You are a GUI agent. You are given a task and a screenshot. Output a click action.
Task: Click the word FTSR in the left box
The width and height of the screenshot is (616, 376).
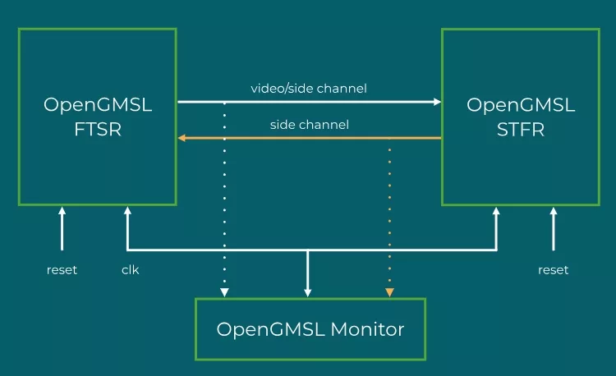tap(98, 129)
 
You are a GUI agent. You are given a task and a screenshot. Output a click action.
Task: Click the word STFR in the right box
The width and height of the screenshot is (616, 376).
tap(521, 129)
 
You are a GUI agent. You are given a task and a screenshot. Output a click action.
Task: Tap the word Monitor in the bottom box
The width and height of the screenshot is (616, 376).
tap(367, 329)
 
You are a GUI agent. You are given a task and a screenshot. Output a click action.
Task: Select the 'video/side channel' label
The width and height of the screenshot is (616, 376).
tap(309, 89)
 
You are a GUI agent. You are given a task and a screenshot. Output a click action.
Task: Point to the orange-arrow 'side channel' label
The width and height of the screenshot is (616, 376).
tap(310, 125)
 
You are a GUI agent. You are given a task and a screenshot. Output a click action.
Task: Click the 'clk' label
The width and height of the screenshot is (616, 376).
tap(130, 269)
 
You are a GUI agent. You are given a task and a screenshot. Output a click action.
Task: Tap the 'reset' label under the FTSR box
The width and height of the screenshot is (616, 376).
tap(62, 270)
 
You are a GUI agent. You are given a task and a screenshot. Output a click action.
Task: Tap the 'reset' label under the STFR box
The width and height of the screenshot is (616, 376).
tap(553, 270)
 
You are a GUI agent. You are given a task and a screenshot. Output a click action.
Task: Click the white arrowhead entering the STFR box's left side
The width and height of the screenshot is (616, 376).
tap(437, 102)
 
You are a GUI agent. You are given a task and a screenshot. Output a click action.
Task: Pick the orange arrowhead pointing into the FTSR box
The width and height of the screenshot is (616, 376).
tap(182, 138)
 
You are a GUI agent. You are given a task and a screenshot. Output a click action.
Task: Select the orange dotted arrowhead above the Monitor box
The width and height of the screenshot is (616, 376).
tap(389, 292)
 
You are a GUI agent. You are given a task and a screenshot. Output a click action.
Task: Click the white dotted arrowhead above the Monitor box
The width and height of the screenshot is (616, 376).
tap(224, 292)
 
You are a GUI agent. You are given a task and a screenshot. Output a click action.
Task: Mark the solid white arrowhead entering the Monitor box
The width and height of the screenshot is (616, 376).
tap(308, 293)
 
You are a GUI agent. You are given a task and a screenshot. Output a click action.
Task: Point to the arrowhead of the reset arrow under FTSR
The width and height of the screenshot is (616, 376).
tap(62, 211)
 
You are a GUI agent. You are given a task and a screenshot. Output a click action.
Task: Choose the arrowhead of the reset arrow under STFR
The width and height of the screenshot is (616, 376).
tap(554, 211)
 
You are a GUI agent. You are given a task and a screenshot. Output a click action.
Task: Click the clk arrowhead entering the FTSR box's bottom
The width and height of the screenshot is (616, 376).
tap(127, 211)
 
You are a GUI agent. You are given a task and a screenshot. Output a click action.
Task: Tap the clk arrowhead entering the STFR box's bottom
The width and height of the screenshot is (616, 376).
tap(496, 211)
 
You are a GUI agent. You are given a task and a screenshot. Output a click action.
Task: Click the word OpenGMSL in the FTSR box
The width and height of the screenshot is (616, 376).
tap(98, 105)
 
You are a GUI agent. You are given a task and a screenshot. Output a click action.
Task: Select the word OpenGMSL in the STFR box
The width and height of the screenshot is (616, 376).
tap(521, 105)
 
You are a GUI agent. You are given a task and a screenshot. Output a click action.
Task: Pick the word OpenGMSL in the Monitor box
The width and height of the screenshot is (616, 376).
tap(271, 329)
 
